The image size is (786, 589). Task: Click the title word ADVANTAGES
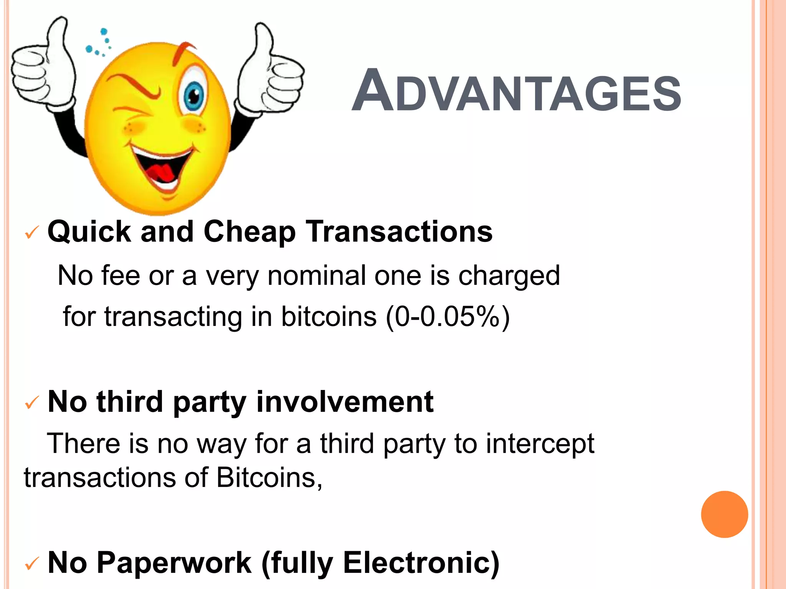tap(516, 92)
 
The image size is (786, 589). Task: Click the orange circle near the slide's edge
tap(724, 514)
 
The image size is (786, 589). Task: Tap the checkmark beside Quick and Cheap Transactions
tap(32, 232)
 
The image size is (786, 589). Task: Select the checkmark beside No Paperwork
tap(32, 563)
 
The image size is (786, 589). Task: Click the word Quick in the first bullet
tap(89, 232)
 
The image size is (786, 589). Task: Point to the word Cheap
tap(249, 232)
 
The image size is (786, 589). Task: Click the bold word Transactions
tap(400, 232)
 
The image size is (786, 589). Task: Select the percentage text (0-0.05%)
tap(447, 317)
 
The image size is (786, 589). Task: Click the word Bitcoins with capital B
tap(269, 478)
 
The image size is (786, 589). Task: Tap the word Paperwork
tap(174, 563)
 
